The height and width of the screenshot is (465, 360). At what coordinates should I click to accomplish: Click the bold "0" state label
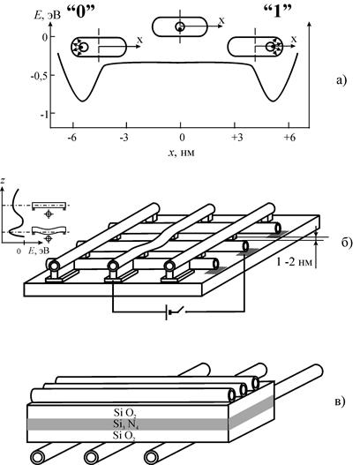(81, 12)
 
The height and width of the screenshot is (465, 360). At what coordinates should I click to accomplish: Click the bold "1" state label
(277, 12)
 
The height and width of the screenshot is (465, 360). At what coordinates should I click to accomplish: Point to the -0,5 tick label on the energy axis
(39, 76)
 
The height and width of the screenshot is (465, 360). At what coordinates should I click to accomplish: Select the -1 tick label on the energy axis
(43, 114)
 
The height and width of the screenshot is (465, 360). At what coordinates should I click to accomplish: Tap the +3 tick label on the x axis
(237, 138)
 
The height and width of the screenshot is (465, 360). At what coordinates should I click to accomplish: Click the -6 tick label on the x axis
(71, 138)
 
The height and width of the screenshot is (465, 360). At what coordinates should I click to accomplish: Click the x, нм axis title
(182, 153)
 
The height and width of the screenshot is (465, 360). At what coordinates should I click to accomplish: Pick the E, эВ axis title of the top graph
(48, 15)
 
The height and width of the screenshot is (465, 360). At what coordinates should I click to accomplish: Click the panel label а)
(341, 80)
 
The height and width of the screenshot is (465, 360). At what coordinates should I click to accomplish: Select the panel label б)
(347, 243)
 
